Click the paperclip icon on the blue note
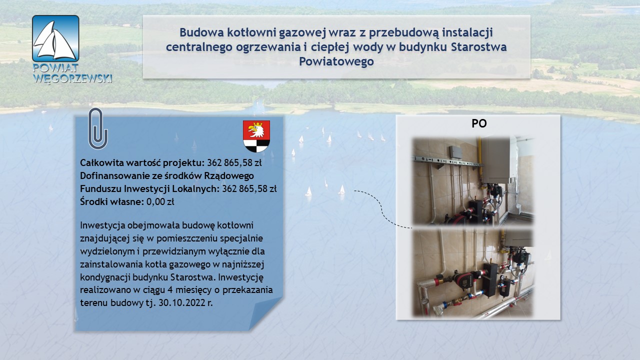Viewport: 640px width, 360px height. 97,128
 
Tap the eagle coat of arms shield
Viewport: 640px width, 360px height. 256,136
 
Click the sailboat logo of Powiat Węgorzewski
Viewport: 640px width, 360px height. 55,38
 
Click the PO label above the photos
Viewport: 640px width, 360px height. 479,123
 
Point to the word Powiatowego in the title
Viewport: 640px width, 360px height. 336,61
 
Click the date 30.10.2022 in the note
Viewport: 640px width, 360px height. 182,302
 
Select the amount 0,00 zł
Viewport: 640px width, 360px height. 160,201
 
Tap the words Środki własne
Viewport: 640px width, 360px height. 111,201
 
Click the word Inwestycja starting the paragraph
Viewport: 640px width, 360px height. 102,225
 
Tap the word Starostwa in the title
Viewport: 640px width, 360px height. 479,47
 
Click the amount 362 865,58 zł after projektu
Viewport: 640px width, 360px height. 234,163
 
